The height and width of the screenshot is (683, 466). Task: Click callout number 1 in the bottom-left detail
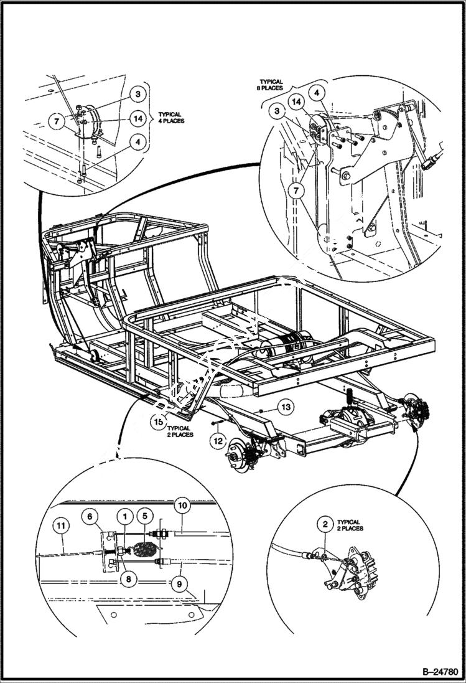pyautogui.click(x=125, y=516)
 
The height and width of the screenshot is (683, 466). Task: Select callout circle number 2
pyautogui.click(x=325, y=524)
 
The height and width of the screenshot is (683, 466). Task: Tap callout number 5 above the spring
pyautogui.click(x=144, y=516)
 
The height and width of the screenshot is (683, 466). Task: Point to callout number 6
pyautogui.click(x=91, y=516)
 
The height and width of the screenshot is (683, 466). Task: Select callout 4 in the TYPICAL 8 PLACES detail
pyautogui.click(x=317, y=93)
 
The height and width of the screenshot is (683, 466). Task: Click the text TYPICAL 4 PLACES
pyautogui.click(x=169, y=118)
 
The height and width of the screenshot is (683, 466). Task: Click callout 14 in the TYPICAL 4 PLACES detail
pyautogui.click(x=138, y=118)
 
